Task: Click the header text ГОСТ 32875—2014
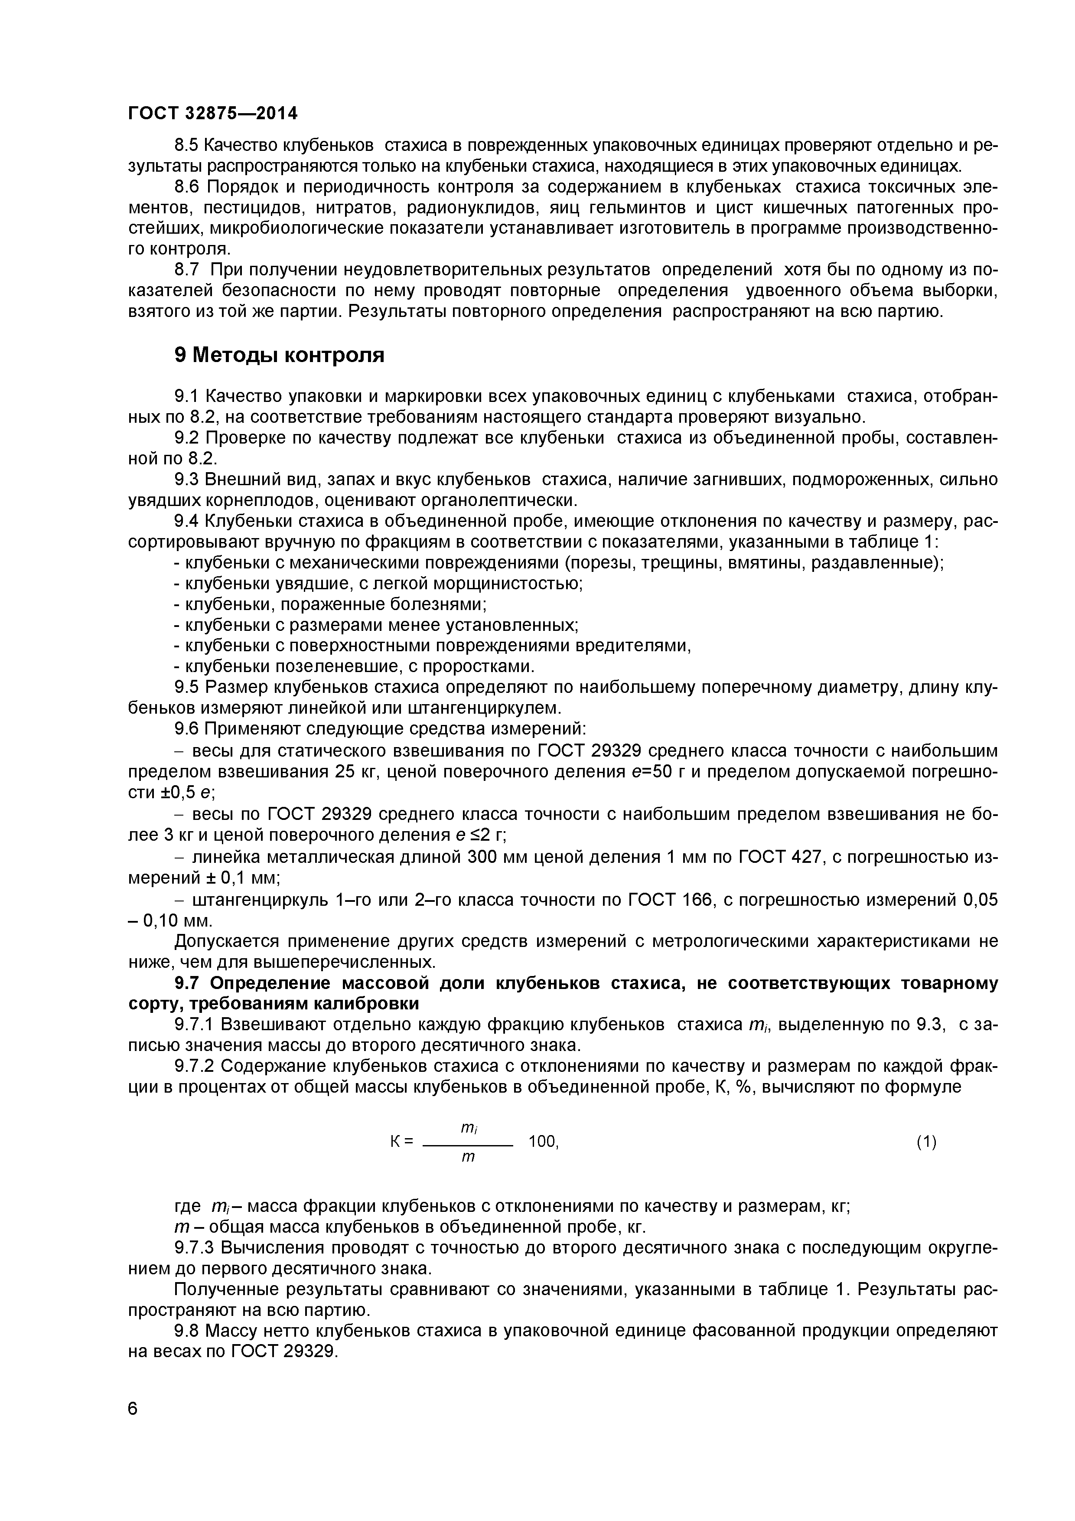(212, 113)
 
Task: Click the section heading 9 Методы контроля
(279, 355)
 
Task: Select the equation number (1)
(926, 1142)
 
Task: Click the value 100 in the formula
(542, 1142)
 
